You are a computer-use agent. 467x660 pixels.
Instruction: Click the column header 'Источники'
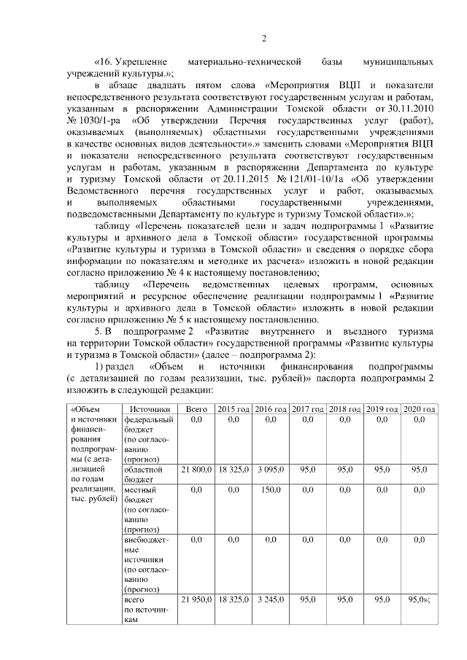tap(148, 410)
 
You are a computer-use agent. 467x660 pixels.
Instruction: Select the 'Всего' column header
tap(196, 410)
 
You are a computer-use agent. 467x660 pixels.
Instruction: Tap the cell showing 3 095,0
tap(270, 470)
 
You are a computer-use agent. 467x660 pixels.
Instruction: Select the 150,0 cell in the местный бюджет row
tap(270, 491)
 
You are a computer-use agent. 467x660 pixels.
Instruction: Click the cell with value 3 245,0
tap(270, 599)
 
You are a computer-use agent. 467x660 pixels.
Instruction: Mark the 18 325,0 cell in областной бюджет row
tap(233, 470)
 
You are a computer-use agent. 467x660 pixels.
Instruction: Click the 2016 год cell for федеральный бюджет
tap(270, 420)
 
